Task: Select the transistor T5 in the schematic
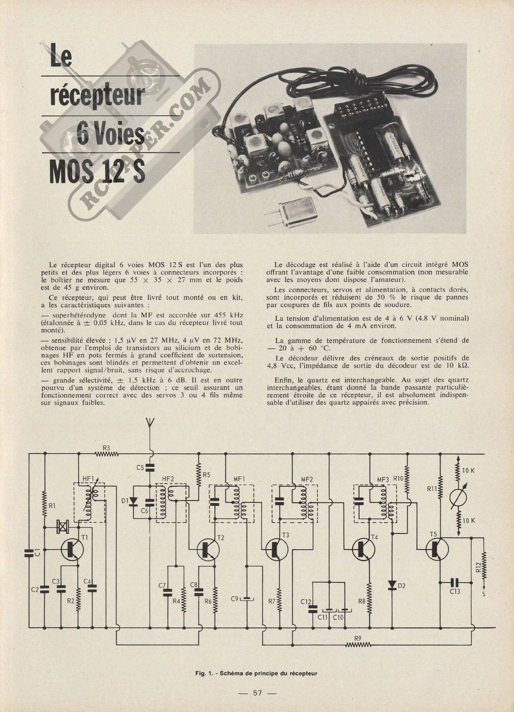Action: [437, 549]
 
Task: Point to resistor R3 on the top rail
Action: [107, 454]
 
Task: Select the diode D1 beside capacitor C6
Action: [133, 501]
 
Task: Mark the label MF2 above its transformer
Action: [307, 480]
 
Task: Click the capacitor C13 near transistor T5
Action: [455, 582]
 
